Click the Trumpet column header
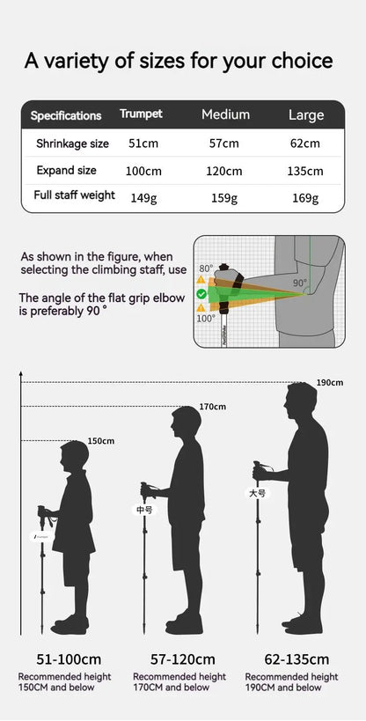141,114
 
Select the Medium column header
225,114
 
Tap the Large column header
306,114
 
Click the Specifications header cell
66,115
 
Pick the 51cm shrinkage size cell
143,143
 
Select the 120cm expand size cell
224,171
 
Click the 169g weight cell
304,198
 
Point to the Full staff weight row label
74,195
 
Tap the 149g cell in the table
143,198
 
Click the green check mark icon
201,293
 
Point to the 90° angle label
300,283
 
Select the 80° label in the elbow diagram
206,269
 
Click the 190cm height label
331,382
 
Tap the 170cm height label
212,407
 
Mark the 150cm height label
101,440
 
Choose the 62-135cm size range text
296,658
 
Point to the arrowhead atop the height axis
21,376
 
